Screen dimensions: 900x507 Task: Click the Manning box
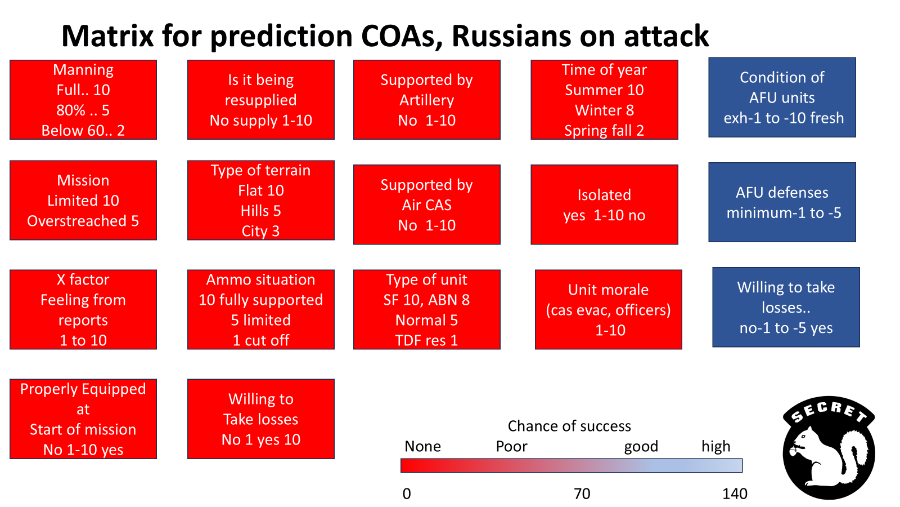click(x=83, y=100)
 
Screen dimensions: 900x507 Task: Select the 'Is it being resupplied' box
click(x=261, y=100)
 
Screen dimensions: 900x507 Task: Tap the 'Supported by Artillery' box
click(x=427, y=100)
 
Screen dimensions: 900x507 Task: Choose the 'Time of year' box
click(x=604, y=100)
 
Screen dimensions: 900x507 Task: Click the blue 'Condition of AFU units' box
click(x=782, y=97)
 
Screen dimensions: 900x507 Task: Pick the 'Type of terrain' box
click(x=261, y=201)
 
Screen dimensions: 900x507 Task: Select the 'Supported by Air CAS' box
click(x=427, y=204)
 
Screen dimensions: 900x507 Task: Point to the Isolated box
click(x=604, y=204)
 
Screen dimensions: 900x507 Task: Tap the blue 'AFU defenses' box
click(x=782, y=202)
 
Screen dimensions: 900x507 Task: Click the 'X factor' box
click(x=83, y=309)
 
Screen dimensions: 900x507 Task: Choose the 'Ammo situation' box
click(x=261, y=309)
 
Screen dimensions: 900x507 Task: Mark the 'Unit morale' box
click(x=608, y=309)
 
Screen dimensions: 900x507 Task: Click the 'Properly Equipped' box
click(x=83, y=419)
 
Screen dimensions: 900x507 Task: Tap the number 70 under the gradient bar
click(x=582, y=493)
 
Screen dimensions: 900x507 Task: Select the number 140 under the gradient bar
click(x=735, y=493)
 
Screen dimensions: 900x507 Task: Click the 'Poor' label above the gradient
click(x=511, y=446)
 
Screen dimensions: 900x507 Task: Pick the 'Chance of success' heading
click(x=569, y=426)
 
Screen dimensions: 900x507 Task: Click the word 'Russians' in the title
click(x=511, y=36)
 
